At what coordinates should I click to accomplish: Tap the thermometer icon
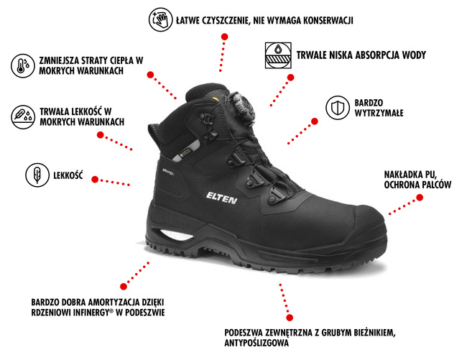coord(22,66)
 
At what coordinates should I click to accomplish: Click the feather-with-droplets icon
coord(22,116)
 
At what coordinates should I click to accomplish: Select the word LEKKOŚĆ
coord(68,175)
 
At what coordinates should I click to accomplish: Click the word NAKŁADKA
coord(404,175)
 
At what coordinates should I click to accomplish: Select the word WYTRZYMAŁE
coord(377,115)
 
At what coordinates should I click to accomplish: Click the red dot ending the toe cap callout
coord(389,213)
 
